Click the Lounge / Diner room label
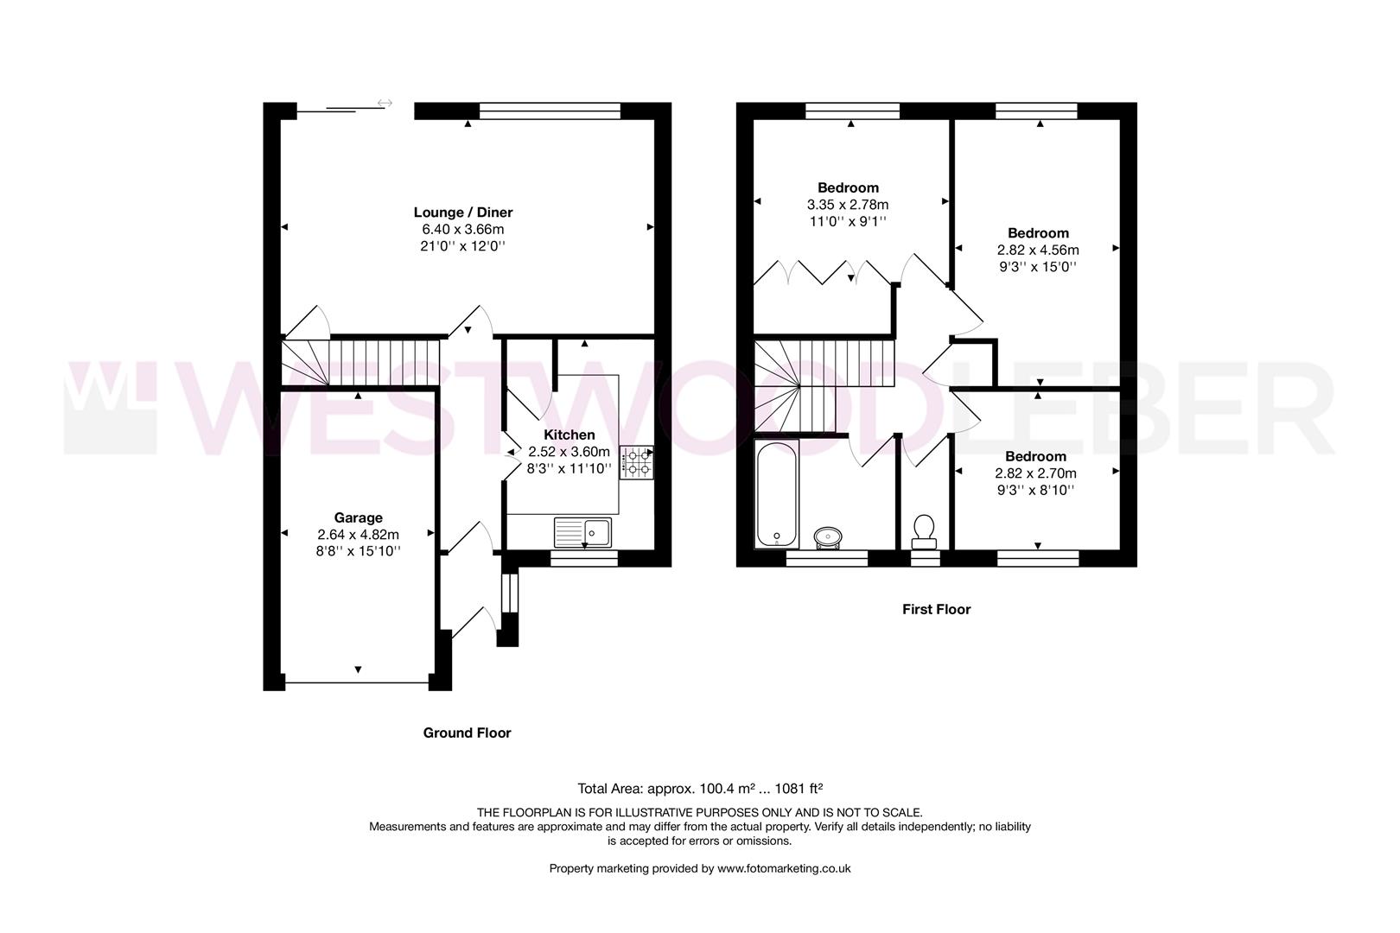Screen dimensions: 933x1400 coord(463,213)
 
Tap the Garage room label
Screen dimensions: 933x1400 coord(358,518)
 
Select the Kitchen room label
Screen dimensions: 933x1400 coord(569,435)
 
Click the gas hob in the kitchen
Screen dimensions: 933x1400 coord(636,462)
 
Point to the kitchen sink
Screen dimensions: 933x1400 coord(583,532)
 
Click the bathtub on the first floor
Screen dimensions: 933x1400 coord(777,494)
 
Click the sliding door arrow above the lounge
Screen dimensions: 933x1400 coord(385,104)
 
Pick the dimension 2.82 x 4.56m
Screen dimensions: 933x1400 coord(1037,250)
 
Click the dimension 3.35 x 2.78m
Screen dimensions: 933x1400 coord(848,205)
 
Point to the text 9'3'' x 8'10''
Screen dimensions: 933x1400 coord(1035,490)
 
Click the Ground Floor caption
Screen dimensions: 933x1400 coord(467,733)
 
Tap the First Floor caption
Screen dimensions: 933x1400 coord(936,609)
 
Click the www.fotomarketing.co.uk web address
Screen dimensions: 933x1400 coord(784,868)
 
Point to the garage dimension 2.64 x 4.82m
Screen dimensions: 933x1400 coord(358,535)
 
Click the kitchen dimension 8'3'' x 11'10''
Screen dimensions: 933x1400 coord(569,469)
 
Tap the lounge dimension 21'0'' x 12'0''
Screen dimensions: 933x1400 coord(463,245)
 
